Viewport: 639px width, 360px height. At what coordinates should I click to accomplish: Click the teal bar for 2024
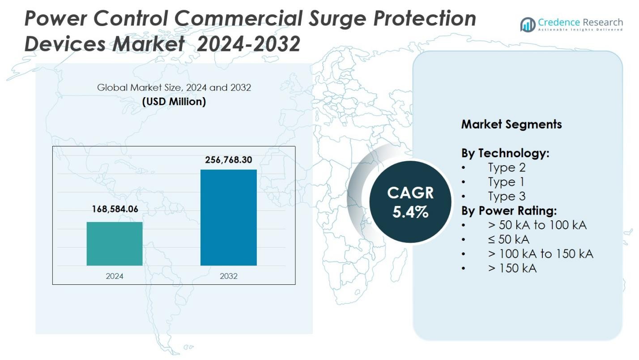click(115, 244)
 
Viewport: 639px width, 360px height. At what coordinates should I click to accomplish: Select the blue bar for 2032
click(228, 218)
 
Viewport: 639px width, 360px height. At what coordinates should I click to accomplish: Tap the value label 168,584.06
click(115, 209)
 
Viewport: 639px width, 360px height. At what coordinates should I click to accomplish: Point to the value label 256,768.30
click(228, 160)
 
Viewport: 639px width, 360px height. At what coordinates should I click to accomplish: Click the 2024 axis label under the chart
click(115, 276)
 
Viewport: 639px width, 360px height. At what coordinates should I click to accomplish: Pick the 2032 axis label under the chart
click(228, 276)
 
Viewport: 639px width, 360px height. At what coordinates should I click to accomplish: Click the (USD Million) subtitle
click(174, 102)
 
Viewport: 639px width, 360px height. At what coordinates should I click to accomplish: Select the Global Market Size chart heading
click(174, 87)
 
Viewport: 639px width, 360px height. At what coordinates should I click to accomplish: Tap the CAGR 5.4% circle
click(410, 202)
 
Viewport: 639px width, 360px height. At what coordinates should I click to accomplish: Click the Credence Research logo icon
click(528, 24)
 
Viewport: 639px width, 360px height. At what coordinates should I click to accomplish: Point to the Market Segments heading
click(511, 124)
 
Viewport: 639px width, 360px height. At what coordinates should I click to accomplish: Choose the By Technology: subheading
click(505, 153)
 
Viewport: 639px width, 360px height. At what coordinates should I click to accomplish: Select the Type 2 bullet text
click(507, 167)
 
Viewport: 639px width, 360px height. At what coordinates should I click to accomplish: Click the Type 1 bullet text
click(506, 182)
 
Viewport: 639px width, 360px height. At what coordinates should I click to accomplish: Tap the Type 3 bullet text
click(507, 196)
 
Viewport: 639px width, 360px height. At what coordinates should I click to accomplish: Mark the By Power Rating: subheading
click(509, 210)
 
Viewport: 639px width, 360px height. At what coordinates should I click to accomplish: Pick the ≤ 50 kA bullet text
click(508, 239)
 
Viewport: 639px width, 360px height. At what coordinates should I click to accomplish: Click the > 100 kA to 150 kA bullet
click(540, 253)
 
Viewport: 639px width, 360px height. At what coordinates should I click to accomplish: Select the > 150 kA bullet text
click(512, 268)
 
